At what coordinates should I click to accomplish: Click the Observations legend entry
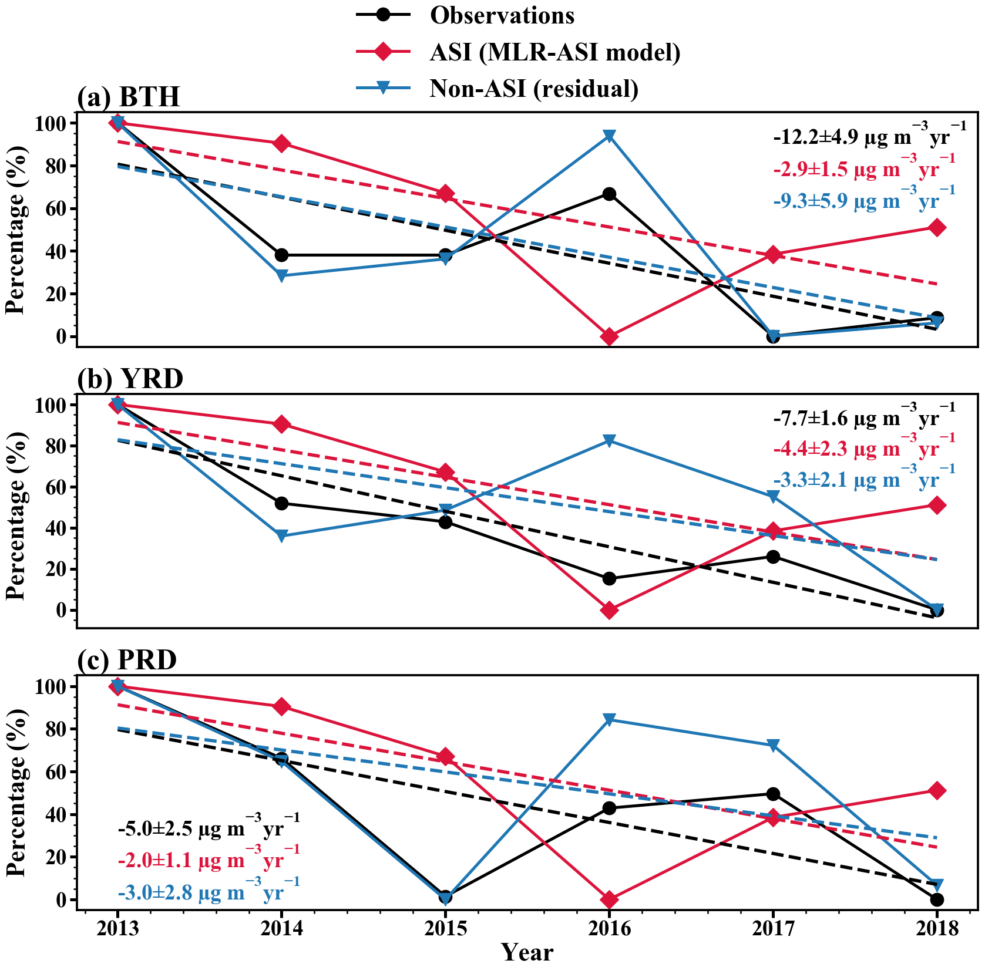[502, 16]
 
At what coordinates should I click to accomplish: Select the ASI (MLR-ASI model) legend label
[555, 52]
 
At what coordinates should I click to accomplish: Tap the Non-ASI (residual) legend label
[534, 89]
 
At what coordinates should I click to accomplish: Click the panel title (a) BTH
[129, 97]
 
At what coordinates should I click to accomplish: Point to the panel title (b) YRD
[130, 379]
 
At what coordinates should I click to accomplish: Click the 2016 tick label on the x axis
[609, 929]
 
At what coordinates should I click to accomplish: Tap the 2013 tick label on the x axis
[117, 929]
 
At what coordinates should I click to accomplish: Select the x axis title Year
[527, 952]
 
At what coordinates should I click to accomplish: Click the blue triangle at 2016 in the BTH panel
[609, 136]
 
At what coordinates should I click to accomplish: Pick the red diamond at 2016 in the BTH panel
[609, 336]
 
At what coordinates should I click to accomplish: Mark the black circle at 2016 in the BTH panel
[609, 194]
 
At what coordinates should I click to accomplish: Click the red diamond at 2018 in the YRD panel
[937, 506]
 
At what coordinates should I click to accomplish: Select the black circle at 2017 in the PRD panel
[773, 794]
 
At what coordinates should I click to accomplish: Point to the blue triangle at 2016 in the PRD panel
[609, 720]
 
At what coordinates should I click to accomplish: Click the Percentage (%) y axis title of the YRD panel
[16, 515]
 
